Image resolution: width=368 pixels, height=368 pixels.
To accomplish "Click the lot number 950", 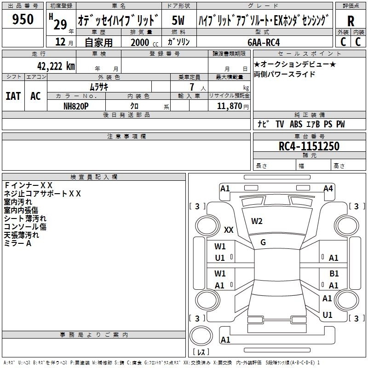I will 23,20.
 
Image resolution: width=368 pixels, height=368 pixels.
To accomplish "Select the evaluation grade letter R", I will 351,21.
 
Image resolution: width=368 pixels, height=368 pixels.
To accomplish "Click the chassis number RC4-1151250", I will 309,146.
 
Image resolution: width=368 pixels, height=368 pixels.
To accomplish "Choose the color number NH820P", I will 76,105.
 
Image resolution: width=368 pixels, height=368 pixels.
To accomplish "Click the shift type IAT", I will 13,96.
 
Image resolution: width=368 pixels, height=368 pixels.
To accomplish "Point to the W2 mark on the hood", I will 257,221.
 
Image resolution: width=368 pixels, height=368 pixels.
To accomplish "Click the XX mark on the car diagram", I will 229,230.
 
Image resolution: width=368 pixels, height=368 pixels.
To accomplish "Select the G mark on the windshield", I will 263,242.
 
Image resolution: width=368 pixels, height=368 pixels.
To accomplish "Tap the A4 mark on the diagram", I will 328,189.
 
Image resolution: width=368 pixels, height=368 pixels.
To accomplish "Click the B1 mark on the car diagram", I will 334,274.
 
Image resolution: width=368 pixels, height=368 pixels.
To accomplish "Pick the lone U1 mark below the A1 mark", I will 328,315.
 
